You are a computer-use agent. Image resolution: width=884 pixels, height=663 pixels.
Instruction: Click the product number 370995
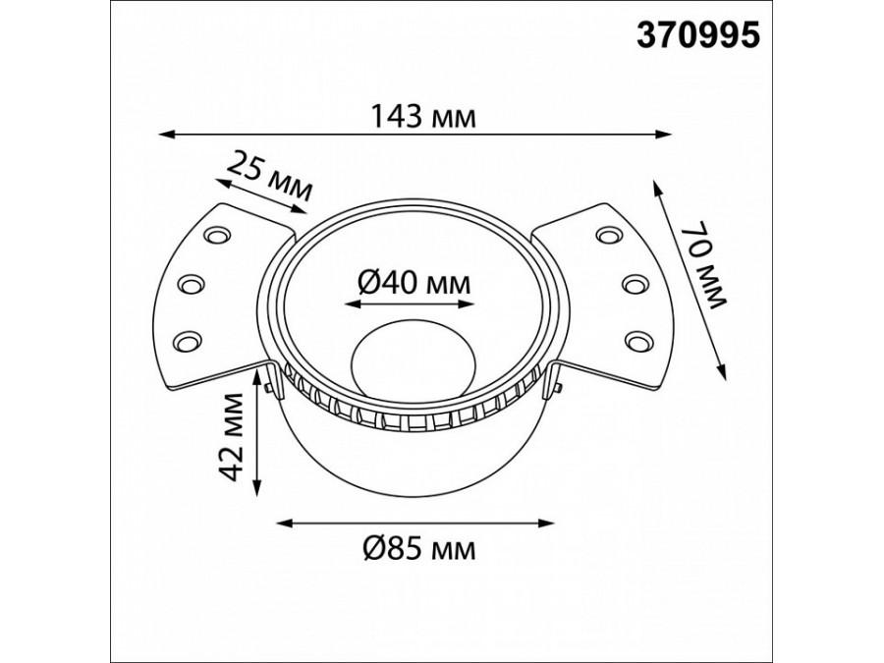tap(698, 35)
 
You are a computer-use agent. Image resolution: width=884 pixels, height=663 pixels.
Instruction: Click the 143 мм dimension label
tap(422, 117)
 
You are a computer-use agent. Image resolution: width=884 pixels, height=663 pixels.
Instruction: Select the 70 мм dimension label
tap(703, 265)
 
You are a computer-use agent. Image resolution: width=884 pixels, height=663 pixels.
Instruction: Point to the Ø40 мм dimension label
tap(414, 283)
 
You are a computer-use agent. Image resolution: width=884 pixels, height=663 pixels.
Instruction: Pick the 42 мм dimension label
tap(232, 437)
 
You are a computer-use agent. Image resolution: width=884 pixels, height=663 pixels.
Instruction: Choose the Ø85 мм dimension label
tap(419, 547)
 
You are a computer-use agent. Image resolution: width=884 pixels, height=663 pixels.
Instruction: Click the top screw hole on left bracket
tap(218, 234)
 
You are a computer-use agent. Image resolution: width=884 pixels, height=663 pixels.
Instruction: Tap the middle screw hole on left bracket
tap(192, 284)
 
